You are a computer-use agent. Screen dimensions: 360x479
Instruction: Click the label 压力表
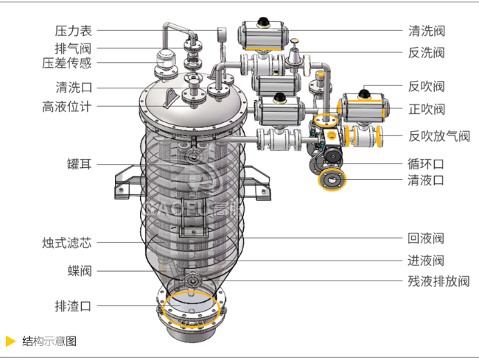click(x=73, y=31)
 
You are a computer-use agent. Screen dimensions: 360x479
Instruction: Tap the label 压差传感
click(x=67, y=63)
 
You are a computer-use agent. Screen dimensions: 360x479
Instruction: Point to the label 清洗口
click(x=73, y=86)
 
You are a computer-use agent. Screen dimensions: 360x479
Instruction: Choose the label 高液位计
click(x=67, y=106)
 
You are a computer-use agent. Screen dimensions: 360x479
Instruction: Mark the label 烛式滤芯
click(x=67, y=242)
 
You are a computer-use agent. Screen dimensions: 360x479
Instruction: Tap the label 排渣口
click(x=73, y=306)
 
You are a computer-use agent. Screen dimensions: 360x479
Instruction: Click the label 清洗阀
click(x=427, y=31)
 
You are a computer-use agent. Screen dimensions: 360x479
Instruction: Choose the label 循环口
click(x=427, y=163)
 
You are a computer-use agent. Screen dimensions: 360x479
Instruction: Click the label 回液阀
click(x=427, y=239)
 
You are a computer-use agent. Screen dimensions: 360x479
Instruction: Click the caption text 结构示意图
click(x=49, y=341)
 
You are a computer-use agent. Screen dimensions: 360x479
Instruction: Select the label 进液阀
click(x=427, y=260)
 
